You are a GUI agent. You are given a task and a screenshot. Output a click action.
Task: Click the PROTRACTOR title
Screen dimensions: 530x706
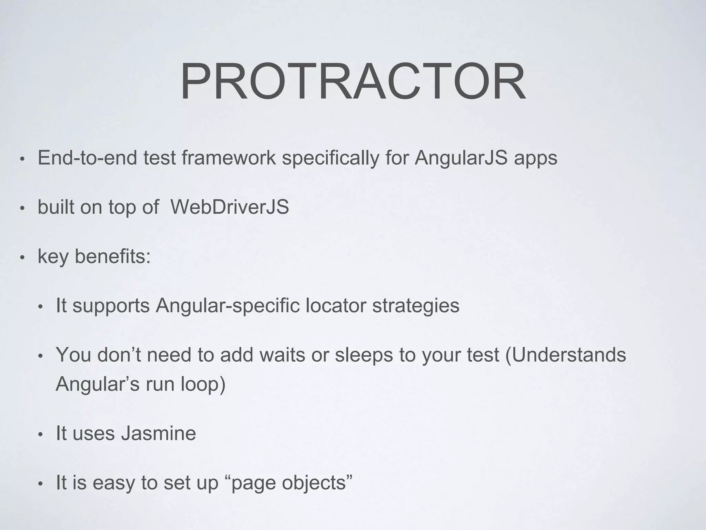353,82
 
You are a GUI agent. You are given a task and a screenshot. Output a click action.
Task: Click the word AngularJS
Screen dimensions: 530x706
461,158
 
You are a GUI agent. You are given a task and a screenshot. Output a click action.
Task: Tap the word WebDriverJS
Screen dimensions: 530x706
230,207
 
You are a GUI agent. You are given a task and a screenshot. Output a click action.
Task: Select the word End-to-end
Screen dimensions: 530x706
87,158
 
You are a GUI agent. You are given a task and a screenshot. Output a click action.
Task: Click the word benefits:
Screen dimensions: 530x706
113,257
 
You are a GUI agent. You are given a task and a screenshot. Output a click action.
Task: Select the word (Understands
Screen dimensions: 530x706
566,355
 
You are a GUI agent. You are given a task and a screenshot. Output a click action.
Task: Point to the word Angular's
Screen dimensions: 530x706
97,384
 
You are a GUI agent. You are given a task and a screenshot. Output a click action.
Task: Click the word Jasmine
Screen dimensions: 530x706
158,433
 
